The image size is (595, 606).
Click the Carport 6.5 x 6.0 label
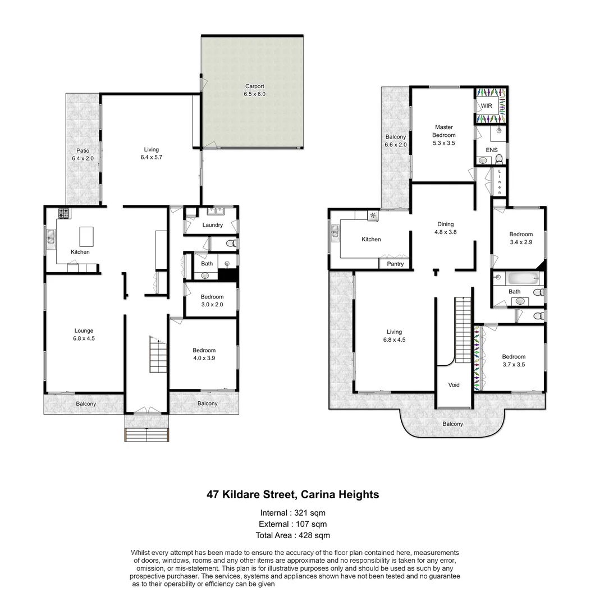[254, 90]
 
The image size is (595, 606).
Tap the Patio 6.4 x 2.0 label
[83, 155]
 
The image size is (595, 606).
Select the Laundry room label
[212, 225]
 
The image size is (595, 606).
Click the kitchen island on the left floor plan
[86, 236]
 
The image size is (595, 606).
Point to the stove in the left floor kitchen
[63, 213]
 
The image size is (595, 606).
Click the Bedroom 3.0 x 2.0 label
[212, 300]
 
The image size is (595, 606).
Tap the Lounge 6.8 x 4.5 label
[83, 334]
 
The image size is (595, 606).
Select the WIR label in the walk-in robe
[486, 105]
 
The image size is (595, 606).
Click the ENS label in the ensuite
[491, 150]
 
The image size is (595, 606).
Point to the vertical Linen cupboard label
[499, 182]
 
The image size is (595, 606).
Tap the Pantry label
[395, 264]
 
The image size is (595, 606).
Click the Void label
[454, 385]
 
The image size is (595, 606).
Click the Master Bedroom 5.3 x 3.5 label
[443, 135]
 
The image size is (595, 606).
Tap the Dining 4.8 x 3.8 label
[446, 228]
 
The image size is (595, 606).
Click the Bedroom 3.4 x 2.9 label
[520, 238]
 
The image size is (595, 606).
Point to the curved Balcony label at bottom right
[452, 424]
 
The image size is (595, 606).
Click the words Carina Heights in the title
[340, 494]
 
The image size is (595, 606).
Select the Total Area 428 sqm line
[292, 535]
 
